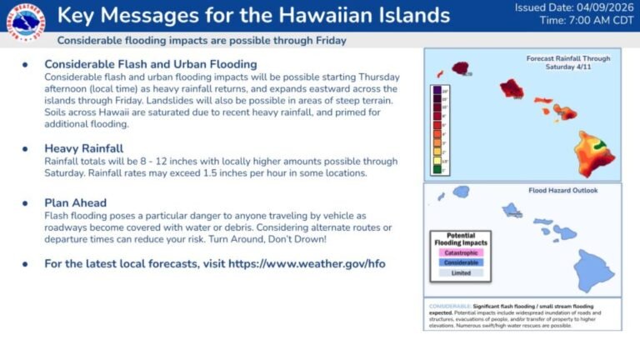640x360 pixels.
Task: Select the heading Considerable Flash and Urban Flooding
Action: pyautogui.click(x=150, y=64)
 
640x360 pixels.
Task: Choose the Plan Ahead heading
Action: pyautogui.click(x=76, y=202)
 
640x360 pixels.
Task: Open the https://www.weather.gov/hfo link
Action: pyautogui.click(x=305, y=264)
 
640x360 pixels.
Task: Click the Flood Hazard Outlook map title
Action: pyautogui.click(x=562, y=190)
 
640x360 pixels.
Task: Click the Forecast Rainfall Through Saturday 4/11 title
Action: pyautogui.click(x=568, y=63)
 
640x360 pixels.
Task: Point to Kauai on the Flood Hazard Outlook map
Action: pyautogui.click(x=461, y=192)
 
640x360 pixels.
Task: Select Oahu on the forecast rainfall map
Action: pyautogui.click(x=511, y=87)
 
